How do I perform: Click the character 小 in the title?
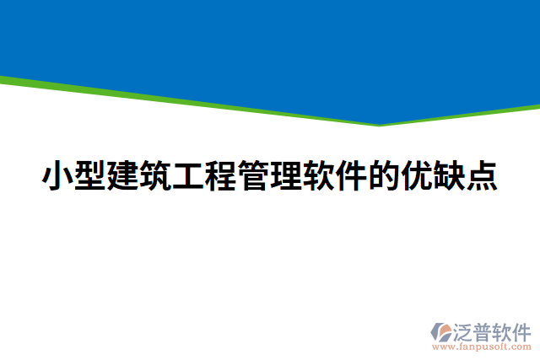click(57, 176)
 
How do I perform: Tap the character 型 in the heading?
click(90, 176)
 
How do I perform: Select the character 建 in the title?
click(123, 176)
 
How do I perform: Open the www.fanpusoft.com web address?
click(481, 346)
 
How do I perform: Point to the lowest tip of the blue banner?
click(379, 124)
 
